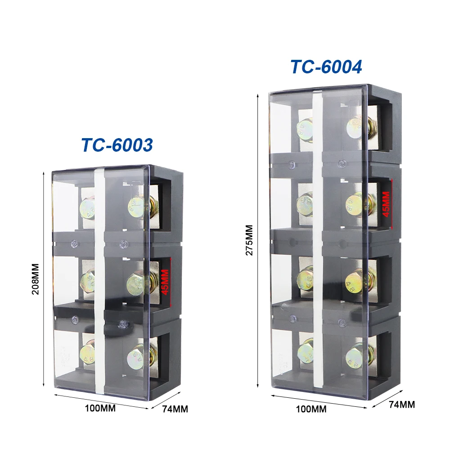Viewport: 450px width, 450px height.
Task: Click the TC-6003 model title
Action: tap(117, 145)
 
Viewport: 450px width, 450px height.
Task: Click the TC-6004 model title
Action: tap(326, 67)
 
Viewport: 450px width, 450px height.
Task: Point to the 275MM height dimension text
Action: tap(249, 240)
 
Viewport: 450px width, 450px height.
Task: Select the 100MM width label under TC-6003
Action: tap(100, 409)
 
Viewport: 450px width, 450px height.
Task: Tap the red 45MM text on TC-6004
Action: tap(386, 204)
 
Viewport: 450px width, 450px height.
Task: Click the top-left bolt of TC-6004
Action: tap(305, 128)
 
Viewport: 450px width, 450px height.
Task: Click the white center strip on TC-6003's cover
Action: tap(100, 279)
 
